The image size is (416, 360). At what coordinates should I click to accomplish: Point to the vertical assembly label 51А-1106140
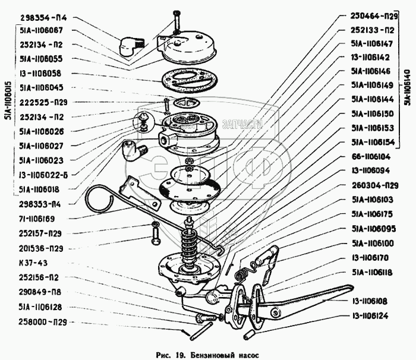click(x=406, y=86)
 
